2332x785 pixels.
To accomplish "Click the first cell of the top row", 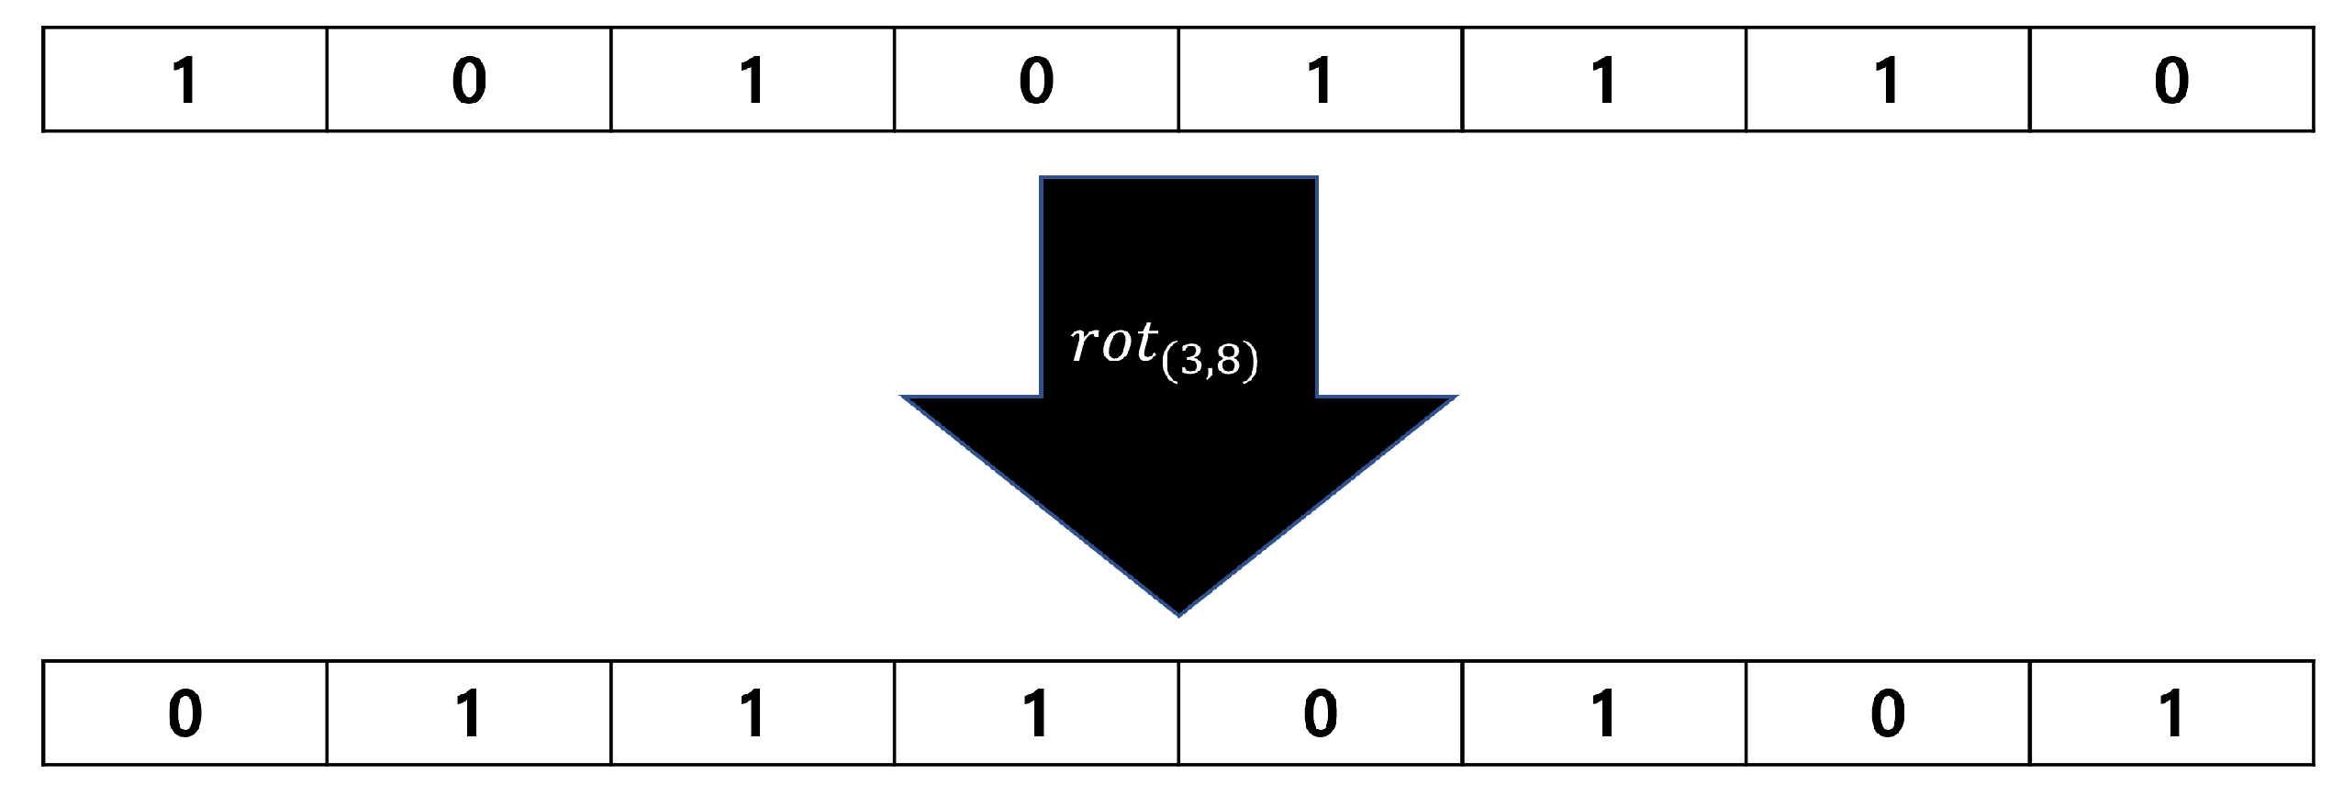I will click(185, 80).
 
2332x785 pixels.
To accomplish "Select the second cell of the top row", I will click(469, 80).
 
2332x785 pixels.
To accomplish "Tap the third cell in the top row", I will click(753, 80).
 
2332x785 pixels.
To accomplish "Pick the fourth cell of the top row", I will click(1036, 80).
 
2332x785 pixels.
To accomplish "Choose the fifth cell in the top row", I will click(1320, 80).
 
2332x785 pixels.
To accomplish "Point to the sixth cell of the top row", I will click(1603, 80).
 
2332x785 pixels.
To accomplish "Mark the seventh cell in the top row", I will click(1887, 80).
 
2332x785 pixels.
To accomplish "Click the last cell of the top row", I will click(2171, 80).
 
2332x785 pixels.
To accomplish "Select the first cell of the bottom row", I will click(185, 713).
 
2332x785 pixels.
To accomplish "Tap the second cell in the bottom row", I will click(469, 713).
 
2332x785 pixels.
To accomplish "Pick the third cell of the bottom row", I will click(753, 713).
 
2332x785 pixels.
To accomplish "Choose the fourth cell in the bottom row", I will click(1036, 713).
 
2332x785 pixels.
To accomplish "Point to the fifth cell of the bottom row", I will click(1320, 713).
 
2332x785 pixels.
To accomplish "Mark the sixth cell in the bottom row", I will click(1603, 713).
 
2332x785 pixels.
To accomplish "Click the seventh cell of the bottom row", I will click(1887, 713).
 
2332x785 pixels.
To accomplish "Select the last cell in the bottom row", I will click(2171, 713).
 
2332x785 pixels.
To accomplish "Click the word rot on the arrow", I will click(1113, 343).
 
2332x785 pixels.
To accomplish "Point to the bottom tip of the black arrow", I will click(1179, 612).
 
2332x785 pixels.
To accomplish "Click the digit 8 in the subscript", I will click(1229, 362).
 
